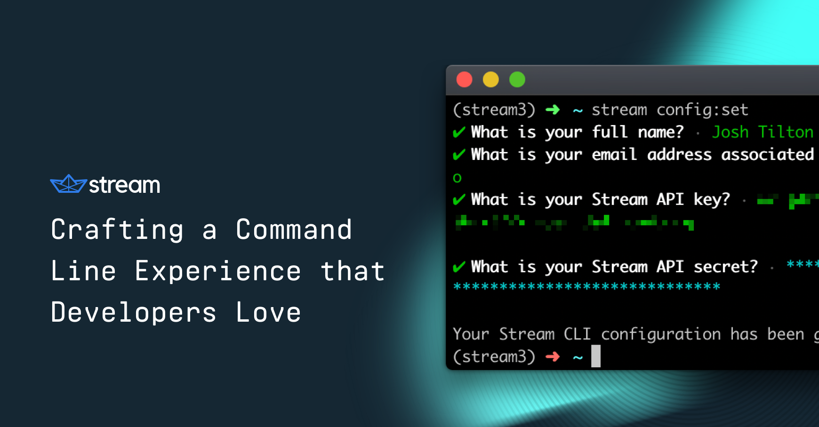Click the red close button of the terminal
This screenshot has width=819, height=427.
464,79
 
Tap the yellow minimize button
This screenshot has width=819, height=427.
490,79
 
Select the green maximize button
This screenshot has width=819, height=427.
517,79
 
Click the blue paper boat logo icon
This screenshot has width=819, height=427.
68,184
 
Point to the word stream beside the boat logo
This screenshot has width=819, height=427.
124,185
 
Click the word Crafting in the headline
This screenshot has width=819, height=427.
117,230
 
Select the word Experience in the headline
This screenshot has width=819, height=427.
218,271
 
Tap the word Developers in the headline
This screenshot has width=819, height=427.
134,313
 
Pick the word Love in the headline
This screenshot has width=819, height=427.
268,313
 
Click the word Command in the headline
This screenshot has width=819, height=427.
294,230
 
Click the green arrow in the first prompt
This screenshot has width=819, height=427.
553,110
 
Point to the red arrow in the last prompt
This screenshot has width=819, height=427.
553,357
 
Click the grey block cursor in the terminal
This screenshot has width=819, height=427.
596,356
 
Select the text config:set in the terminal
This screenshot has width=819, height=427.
702,110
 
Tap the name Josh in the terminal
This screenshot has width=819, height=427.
730,132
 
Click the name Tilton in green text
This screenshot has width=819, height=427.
786,132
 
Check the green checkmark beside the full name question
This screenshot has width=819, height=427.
459,132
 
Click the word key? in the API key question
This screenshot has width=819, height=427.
712,200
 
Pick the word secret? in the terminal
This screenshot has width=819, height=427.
726,267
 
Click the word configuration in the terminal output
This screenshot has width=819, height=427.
661,334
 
